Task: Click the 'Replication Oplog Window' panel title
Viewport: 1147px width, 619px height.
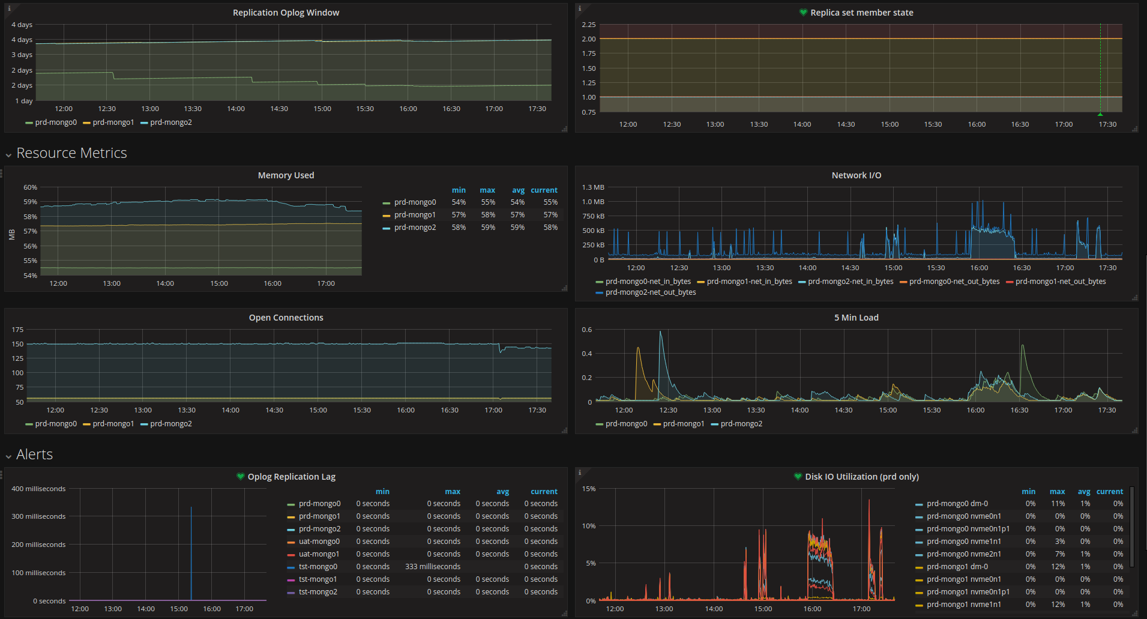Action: point(286,13)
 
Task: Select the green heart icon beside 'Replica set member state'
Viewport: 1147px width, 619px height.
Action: point(803,13)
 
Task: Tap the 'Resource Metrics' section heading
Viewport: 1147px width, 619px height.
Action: point(71,153)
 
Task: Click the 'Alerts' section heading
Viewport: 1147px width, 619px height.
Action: point(34,454)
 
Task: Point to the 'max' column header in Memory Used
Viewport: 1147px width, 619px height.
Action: point(487,190)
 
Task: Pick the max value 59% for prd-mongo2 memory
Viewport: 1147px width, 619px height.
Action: point(488,228)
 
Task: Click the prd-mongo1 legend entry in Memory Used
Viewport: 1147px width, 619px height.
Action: point(415,215)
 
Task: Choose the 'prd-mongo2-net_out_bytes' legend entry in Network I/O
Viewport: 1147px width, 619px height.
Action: point(651,292)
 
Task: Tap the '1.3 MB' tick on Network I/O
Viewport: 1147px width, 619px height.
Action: point(593,187)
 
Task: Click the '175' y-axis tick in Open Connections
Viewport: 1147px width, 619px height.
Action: point(17,330)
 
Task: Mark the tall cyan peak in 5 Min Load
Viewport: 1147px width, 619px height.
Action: point(660,333)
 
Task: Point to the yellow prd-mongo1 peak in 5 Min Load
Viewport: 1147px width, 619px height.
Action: point(638,348)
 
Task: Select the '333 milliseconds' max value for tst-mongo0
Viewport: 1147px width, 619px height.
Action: point(433,567)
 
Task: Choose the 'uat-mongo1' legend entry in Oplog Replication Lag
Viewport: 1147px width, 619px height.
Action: point(319,554)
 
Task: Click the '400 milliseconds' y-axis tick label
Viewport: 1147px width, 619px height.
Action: point(38,489)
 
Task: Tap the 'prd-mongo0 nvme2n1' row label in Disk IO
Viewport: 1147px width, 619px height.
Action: point(963,554)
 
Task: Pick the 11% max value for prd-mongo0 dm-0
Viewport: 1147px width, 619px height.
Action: point(1058,504)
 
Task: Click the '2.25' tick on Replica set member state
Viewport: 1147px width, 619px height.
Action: point(588,25)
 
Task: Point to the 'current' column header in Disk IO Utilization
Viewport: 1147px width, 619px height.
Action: point(1109,492)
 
